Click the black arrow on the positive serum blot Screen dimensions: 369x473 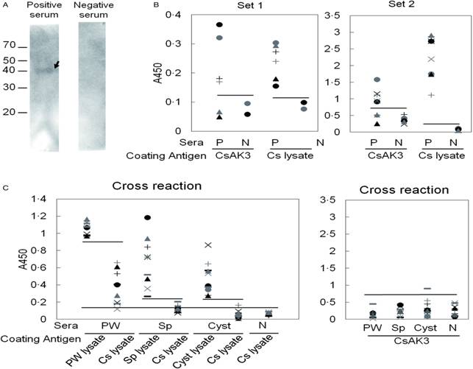click(57, 66)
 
